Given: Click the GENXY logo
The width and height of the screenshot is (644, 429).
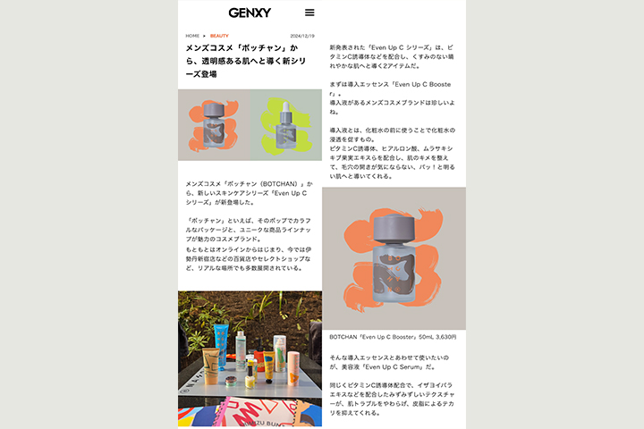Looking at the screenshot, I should [250, 13].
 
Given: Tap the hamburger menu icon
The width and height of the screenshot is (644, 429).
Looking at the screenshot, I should [309, 13].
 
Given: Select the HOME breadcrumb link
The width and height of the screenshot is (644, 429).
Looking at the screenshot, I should [192, 36].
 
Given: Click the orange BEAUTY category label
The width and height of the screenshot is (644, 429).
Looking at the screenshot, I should [219, 36].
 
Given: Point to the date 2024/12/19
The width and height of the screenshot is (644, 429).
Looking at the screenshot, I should [302, 36].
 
